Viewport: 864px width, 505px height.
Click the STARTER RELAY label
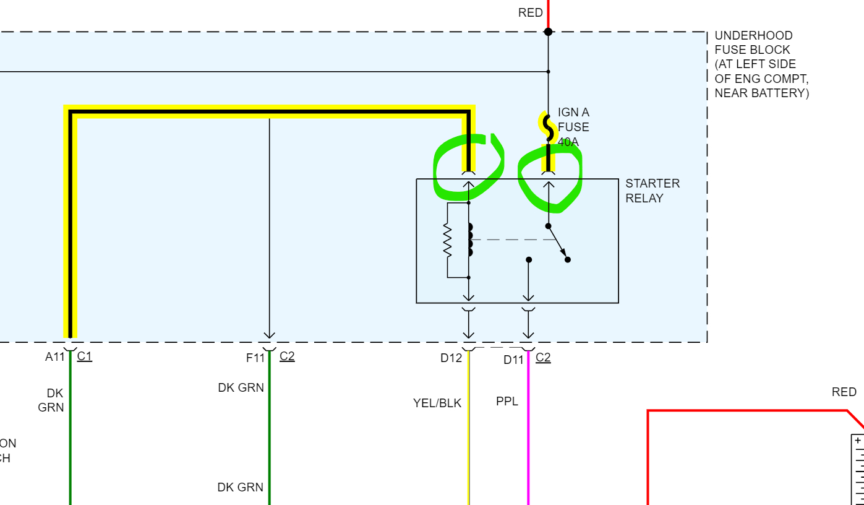(652, 191)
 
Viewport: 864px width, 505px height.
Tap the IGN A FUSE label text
(573, 127)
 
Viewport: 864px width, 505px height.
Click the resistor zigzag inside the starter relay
(448, 240)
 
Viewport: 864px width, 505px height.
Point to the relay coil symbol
(470, 240)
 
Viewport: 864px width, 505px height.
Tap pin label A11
(55, 356)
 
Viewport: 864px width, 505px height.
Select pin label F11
(255, 358)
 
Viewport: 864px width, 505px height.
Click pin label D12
(451, 358)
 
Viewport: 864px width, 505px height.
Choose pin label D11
(513, 360)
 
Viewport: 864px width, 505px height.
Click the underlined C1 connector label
(85, 356)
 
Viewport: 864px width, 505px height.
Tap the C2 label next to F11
(287, 356)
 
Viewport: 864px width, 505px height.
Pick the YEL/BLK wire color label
(437, 403)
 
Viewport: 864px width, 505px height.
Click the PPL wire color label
(507, 402)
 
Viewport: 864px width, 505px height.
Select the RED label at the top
(530, 12)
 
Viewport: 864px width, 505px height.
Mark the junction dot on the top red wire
(548, 32)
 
